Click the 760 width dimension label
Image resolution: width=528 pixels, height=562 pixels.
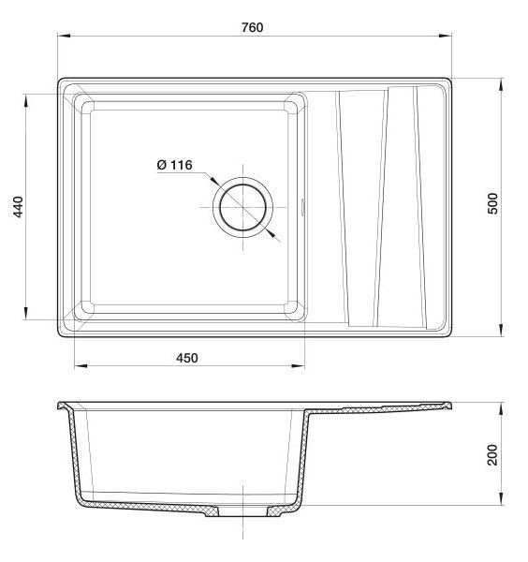pos(252,27)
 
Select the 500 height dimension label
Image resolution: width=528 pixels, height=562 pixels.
pos(493,203)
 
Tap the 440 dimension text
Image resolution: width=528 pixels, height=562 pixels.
pos(18,206)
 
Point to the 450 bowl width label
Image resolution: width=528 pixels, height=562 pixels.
pos(187,358)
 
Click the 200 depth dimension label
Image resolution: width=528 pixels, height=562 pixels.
pos(493,455)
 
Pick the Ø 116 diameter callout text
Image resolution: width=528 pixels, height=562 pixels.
pos(174,165)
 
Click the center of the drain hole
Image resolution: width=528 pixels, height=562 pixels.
pos(242,207)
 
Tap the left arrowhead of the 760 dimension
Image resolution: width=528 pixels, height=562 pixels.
pos(64,36)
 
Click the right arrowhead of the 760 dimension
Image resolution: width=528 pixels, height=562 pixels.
pos(446,36)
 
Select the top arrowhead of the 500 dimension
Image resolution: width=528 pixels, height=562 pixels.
pos(501,84)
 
